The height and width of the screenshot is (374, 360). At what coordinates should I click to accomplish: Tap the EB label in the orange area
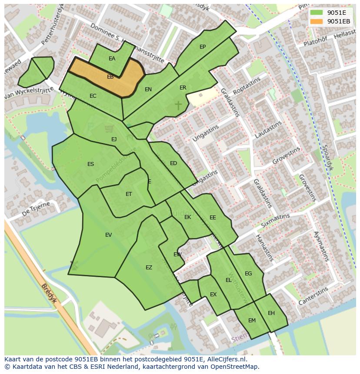click(110, 77)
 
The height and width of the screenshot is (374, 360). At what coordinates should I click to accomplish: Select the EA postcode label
click(112, 59)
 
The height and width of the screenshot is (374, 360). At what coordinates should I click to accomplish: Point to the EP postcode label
click(203, 47)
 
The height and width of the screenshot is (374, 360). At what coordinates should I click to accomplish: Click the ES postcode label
click(90, 164)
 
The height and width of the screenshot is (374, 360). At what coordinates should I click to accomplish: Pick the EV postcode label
click(108, 235)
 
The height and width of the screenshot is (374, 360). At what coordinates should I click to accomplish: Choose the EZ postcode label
click(149, 268)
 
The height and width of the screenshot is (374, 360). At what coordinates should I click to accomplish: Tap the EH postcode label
click(271, 313)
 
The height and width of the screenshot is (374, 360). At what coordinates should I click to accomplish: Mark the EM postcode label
click(252, 321)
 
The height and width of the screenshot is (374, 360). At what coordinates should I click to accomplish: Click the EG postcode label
click(248, 274)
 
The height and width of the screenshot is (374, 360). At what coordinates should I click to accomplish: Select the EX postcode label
click(213, 295)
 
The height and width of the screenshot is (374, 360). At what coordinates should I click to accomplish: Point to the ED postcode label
click(173, 163)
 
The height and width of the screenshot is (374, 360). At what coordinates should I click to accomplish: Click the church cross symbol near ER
click(178, 105)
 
